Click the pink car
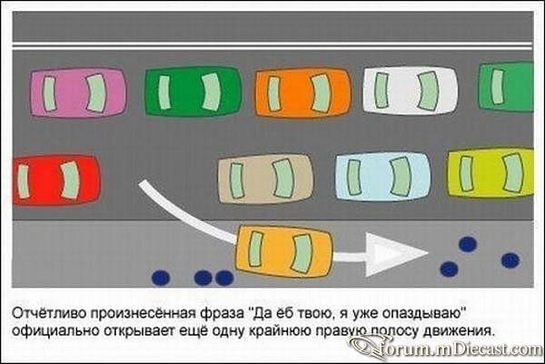[78, 93]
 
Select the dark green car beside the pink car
[193, 91]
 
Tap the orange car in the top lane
[303, 92]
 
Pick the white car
[411, 90]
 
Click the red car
[56, 180]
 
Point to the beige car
[265, 179]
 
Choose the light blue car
[383, 177]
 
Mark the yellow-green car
[490, 172]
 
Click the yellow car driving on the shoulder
[284, 252]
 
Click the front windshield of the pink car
[96, 93]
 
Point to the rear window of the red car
[24, 182]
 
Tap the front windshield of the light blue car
[401, 176]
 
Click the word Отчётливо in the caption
[49, 313]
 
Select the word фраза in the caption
[223, 314]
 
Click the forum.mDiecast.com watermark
[447, 348]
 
